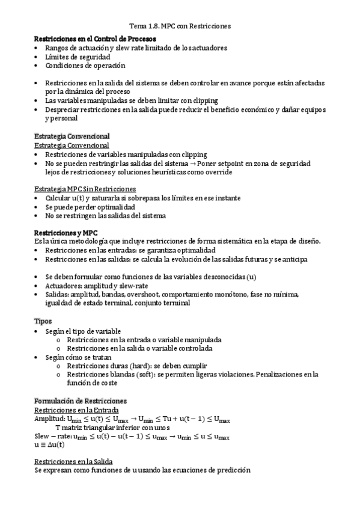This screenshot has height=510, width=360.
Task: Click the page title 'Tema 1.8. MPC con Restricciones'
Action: [x=180, y=26]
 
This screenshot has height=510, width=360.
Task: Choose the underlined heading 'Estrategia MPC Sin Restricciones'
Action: [x=85, y=189]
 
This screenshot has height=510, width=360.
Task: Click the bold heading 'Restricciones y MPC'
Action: [x=66, y=232]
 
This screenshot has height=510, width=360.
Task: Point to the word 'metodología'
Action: [x=91, y=241]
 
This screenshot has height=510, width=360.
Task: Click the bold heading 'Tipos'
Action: [x=43, y=321]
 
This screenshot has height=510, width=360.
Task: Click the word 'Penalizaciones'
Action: [x=282, y=375]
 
